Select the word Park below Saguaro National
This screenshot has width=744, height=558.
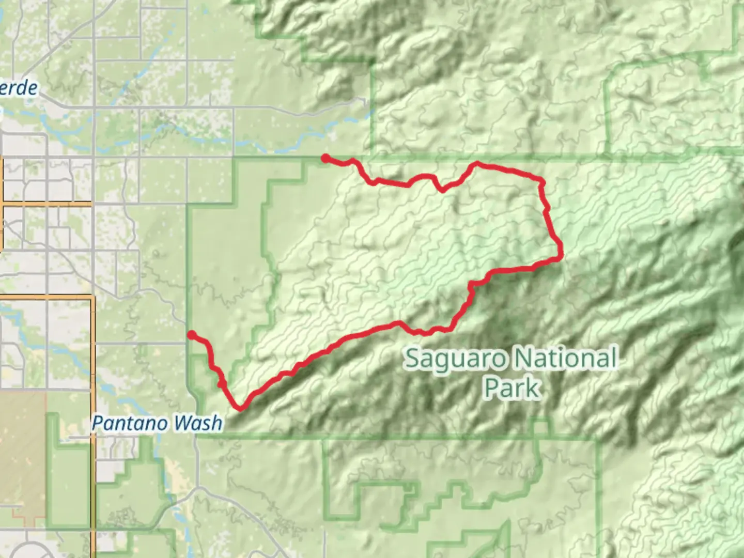point(512,388)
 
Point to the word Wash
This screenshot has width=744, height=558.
point(197,424)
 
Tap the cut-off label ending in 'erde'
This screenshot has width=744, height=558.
point(19,88)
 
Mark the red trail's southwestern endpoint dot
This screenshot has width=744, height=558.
point(191,335)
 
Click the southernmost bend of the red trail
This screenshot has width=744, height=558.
point(240,408)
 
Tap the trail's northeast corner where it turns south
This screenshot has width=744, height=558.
point(541,182)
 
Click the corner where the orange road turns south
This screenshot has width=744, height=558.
point(92,298)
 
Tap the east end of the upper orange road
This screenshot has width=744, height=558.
point(91,205)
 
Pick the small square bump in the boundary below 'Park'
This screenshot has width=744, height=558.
point(540,428)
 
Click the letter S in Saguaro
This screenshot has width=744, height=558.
point(412,359)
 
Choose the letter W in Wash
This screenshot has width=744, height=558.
point(181,424)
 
